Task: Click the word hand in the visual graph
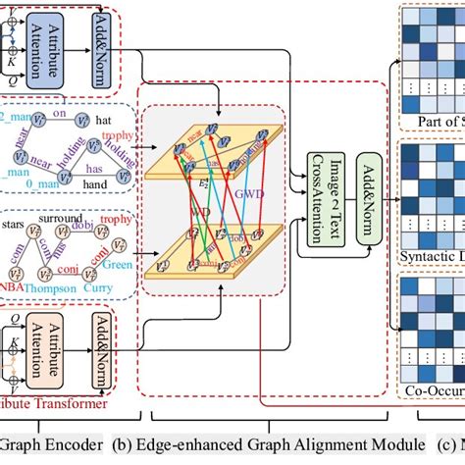(91, 180)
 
